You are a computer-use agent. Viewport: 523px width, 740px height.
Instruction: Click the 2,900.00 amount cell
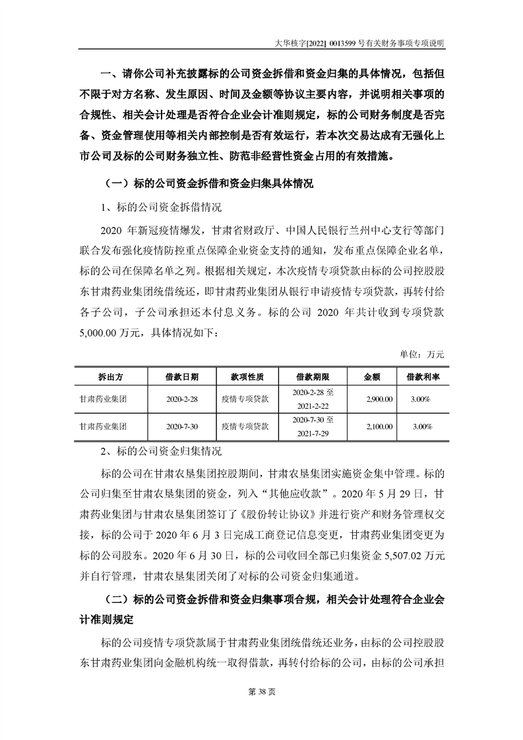coord(379,399)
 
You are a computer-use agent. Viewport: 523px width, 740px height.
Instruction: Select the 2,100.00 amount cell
coord(379,427)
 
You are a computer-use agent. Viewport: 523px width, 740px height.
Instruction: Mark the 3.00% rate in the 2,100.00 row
coord(421,427)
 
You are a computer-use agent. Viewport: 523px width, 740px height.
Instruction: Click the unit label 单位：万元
coord(422,354)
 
